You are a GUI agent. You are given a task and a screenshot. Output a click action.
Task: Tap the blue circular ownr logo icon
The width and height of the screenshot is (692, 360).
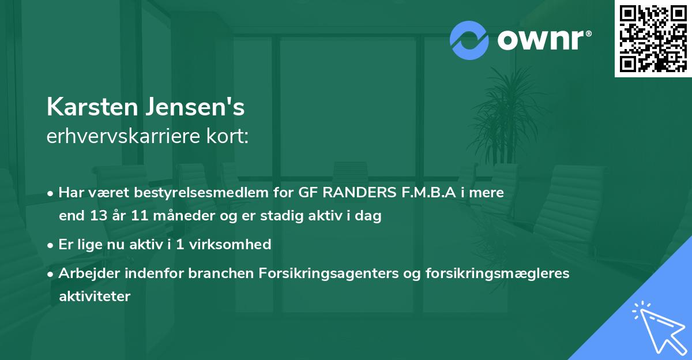(469, 40)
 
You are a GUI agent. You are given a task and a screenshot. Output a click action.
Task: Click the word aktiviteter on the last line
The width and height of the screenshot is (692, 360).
(95, 297)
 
